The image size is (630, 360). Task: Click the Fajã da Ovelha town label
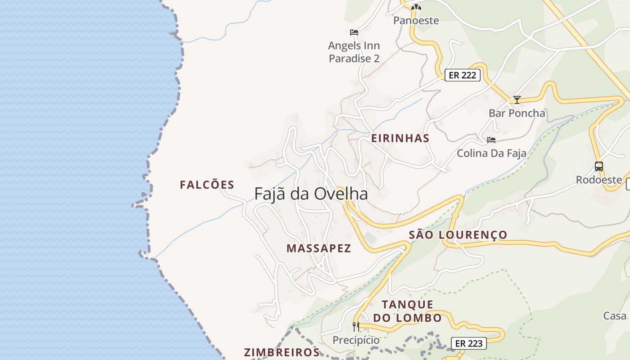pyautogui.click(x=311, y=194)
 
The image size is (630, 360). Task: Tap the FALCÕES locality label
pyautogui.click(x=207, y=185)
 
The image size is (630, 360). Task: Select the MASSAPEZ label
pyautogui.click(x=319, y=248)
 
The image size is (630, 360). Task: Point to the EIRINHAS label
pyautogui.click(x=400, y=138)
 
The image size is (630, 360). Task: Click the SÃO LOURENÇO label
pyautogui.click(x=458, y=235)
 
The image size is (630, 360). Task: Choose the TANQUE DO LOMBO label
pyautogui.click(x=408, y=311)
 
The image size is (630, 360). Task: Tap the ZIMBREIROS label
pyautogui.click(x=282, y=352)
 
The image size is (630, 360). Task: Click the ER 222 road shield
pyautogui.click(x=463, y=75)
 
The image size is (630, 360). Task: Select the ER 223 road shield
pyautogui.click(x=469, y=344)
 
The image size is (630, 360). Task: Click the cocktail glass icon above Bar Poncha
pyautogui.click(x=517, y=100)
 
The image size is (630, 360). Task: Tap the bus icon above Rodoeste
pyautogui.click(x=598, y=166)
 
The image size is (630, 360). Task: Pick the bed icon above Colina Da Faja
pyautogui.click(x=491, y=140)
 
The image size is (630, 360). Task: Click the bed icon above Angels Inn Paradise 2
pyautogui.click(x=354, y=32)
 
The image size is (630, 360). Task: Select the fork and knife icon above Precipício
pyautogui.click(x=356, y=326)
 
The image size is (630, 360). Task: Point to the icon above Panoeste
pyautogui.click(x=416, y=7)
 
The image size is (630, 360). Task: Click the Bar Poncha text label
pyautogui.click(x=517, y=113)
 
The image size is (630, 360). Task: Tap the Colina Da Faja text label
pyautogui.click(x=491, y=153)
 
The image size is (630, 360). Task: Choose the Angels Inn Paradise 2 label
pyautogui.click(x=354, y=52)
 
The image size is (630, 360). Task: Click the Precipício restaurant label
pyautogui.click(x=356, y=340)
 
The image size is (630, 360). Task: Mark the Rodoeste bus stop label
pyautogui.click(x=598, y=180)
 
